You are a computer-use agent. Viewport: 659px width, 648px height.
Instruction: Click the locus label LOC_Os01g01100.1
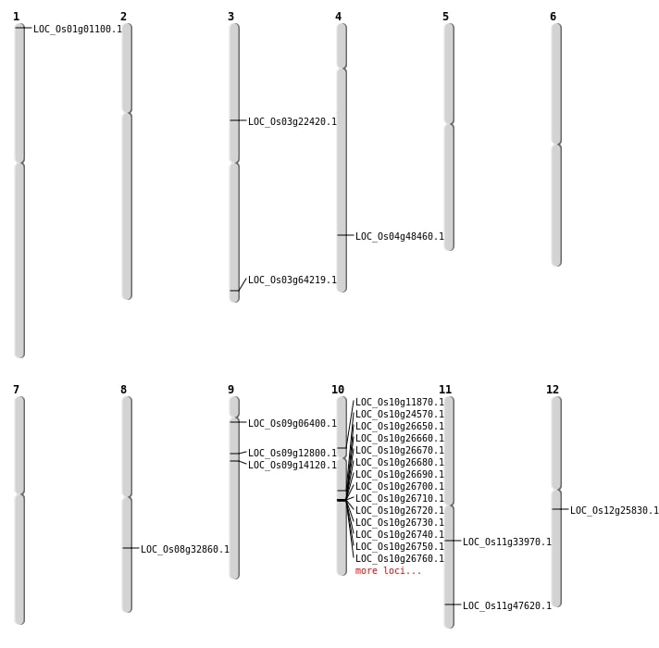78,29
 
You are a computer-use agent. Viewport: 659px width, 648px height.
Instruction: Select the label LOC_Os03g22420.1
292,121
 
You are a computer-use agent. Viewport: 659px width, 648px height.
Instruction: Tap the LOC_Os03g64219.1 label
292,280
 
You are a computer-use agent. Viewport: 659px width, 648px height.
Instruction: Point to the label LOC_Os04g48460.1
400,236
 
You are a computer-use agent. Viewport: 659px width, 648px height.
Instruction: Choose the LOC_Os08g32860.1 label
185,549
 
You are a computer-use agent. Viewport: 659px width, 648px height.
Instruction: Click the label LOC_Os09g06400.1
292,423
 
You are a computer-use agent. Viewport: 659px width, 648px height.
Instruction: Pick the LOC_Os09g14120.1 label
292,465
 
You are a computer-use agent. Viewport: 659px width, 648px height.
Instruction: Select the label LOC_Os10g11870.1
400,402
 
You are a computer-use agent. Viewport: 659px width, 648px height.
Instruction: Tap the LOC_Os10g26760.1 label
400,558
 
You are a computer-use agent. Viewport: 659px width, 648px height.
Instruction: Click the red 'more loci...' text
388,570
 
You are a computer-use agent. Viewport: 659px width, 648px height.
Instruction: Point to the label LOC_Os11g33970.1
507,542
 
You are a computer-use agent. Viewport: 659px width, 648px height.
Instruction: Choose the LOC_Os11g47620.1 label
507,605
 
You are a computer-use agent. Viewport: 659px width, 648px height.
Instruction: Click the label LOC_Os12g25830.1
615,510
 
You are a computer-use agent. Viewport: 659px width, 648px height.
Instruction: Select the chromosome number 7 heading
16,390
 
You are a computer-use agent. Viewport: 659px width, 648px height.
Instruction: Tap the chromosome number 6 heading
553,17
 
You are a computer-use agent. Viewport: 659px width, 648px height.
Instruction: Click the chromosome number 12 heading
553,390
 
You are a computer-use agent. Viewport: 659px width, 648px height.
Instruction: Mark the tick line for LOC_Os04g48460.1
345,235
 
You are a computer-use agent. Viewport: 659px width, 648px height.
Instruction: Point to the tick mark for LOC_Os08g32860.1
131,548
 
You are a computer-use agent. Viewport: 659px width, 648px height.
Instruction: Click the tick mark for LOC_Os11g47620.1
453,604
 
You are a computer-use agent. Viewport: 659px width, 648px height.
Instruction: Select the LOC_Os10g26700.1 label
400,486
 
